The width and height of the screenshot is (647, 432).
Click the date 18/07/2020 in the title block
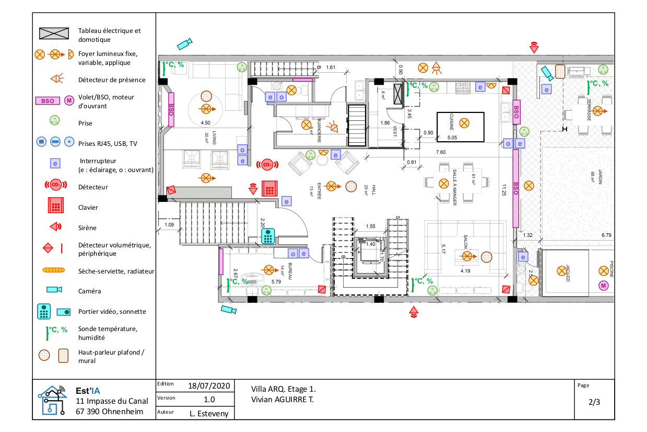[x=209, y=386]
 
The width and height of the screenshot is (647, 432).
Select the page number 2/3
[x=594, y=402]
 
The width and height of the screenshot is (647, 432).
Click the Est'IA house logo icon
[x=52, y=400]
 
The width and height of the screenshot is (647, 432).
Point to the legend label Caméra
[x=89, y=291]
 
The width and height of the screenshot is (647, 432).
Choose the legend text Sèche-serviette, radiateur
[x=116, y=271]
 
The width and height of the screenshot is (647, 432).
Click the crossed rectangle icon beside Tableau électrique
[x=54, y=34]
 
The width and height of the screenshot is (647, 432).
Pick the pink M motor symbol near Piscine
[x=604, y=285]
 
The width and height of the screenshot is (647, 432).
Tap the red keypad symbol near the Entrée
[x=269, y=188]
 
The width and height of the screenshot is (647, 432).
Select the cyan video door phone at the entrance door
[x=268, y=236]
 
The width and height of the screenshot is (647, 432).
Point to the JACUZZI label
[x=566, y=274]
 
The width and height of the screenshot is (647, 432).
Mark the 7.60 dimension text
[x=441, y=152]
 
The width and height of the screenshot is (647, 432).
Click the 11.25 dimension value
[x=504, y=193]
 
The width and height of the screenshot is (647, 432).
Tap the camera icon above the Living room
[x=184, y=43]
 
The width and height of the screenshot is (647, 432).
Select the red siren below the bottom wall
[x=414, y=313]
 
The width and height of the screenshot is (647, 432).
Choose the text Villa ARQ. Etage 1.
[x=284, y=390]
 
